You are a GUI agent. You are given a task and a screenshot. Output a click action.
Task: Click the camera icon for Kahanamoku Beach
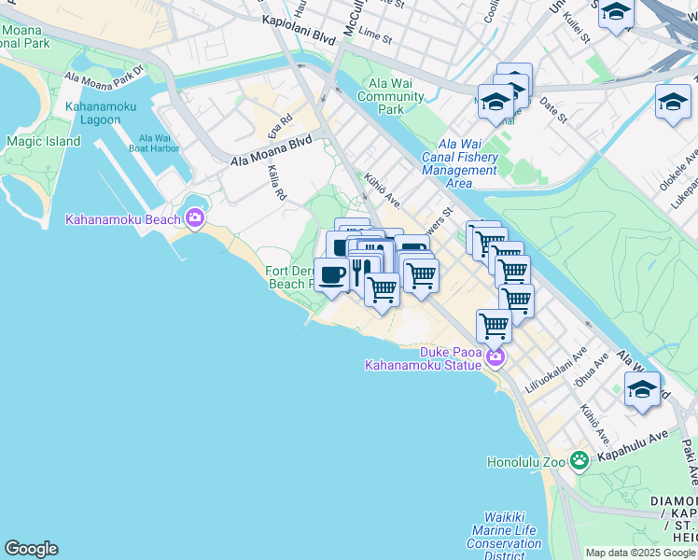point(195,218)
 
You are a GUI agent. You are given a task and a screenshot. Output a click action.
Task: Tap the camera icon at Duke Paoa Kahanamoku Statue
point(494,357)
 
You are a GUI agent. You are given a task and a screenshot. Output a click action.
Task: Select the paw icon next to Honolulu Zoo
point(579,459)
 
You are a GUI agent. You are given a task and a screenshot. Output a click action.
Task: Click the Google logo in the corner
point(31,549)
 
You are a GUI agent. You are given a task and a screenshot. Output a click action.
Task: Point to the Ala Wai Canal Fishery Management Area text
point(460,163)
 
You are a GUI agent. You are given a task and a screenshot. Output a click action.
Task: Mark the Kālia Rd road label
point(275,182)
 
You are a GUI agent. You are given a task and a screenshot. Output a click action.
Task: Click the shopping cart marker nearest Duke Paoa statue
point(494,326)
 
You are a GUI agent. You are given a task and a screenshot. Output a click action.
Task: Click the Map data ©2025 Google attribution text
point(640,553)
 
